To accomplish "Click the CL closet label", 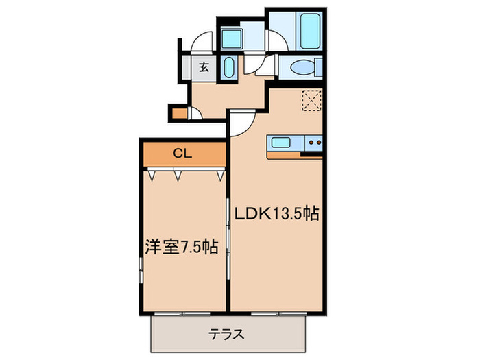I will pos(181,154).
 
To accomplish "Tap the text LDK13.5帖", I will pos(276,213).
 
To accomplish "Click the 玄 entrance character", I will pos(204,67).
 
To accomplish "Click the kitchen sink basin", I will pos(282,143).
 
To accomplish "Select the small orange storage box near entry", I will pos(180,113).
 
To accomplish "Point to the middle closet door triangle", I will pos(178,176).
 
